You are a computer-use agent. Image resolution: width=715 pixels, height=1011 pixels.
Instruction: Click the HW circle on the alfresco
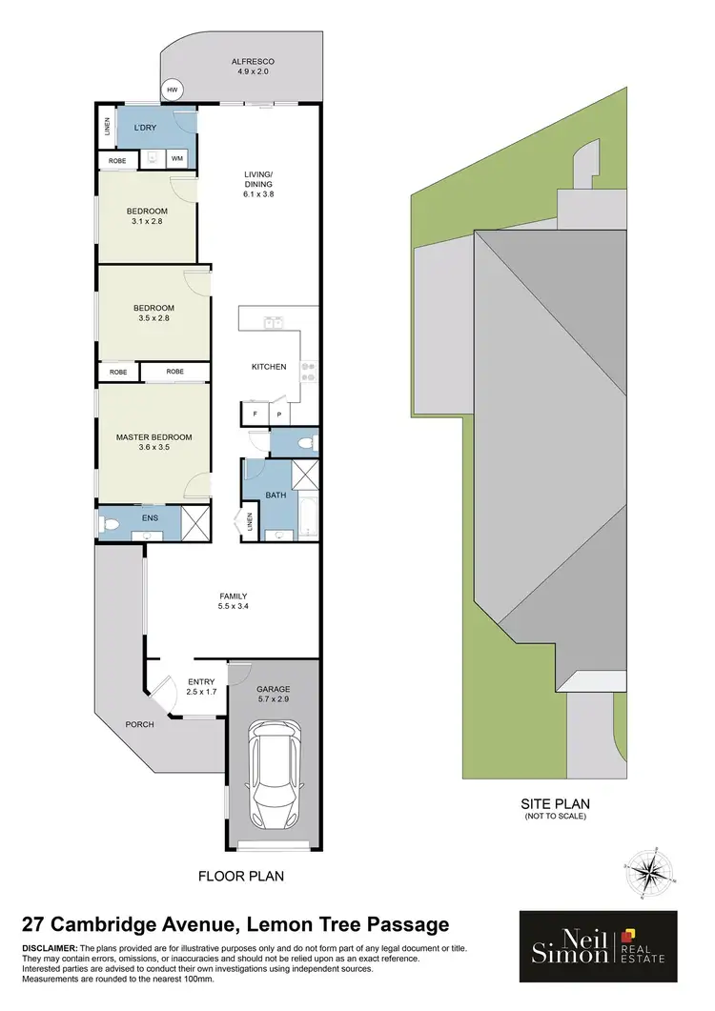173,91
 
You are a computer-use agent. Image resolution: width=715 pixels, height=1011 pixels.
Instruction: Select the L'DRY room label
145,128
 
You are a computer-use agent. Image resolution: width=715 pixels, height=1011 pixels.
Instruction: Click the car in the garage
275,773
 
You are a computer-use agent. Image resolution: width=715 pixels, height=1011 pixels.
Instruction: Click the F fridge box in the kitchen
255,415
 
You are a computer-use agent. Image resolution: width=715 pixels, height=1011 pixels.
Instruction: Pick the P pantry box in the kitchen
279,415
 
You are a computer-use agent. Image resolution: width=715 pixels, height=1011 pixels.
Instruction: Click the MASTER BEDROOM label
153,437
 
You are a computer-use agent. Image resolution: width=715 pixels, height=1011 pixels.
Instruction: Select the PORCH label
139,724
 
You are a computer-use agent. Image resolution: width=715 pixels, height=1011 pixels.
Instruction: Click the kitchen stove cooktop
308,370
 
